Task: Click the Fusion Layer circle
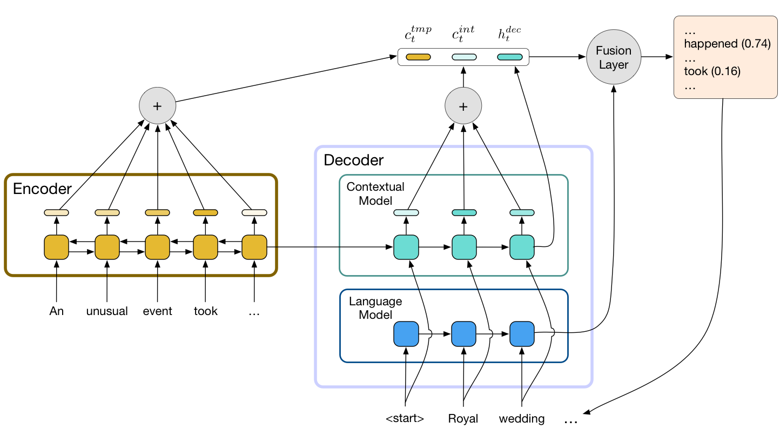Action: click(613, 57)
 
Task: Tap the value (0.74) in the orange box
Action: click(755, 44)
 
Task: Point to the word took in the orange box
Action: click(696, 71)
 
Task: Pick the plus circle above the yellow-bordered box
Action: click(157, 106)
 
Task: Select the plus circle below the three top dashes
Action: click(463, 106)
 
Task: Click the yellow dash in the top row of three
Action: click(418, 57)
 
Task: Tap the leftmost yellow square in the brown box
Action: click(56, 247)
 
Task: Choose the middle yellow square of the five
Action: click(157, 247)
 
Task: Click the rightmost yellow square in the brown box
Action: click(254, 247)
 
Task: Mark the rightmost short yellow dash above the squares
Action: click(254, 212)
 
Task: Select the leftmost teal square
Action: click(406, 247)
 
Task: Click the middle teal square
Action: click(464, 247)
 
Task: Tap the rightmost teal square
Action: click(522, 247)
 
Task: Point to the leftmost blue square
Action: click(406, 334)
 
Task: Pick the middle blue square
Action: click(464, 334)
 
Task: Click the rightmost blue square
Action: click(522, 334)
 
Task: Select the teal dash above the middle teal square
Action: click(464, 212)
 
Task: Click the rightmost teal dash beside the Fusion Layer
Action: click(510, 57)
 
